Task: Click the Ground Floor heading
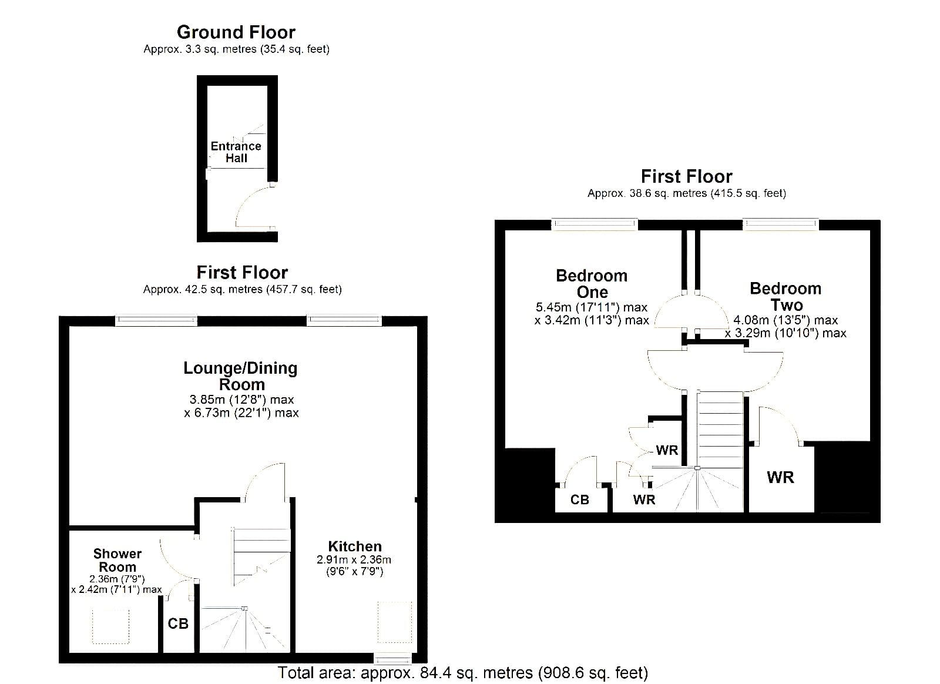(x=236, y=32)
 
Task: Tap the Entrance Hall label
(x=236, y=152)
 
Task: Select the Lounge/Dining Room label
(x=240, y=376)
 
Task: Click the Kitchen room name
(x=355, y=546)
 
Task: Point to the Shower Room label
(x=117, y=560)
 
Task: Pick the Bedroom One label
(x=592, y=284)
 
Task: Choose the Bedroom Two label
(x=785, y=296)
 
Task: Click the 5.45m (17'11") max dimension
(x=592, y=307)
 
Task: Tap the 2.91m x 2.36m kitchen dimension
(x=354, y=559)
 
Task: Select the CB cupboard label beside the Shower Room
(x=178, y=623)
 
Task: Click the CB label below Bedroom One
(x=579, y=499)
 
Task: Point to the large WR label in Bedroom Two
(x=781, y=477)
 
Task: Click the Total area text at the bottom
(x=463, y=673)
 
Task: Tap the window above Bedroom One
(x=594, y=224)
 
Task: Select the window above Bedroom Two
(x=781, y=224)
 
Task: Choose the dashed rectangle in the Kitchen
(x=394, y=622)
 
